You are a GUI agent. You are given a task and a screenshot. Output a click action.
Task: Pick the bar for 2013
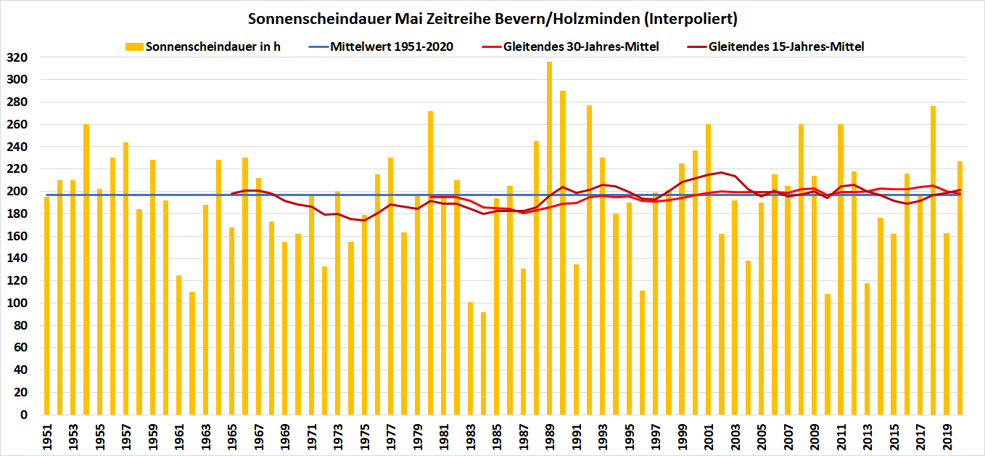click(867, 349)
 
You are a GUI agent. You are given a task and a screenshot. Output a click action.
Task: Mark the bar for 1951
click(46, 306)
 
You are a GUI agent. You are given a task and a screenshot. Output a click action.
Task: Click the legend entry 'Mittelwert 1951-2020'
click(391, 47)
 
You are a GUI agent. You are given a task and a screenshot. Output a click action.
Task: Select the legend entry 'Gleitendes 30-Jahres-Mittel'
click(581, 47)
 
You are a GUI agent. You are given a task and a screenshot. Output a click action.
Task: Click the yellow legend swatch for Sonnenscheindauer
click(134, 47)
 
